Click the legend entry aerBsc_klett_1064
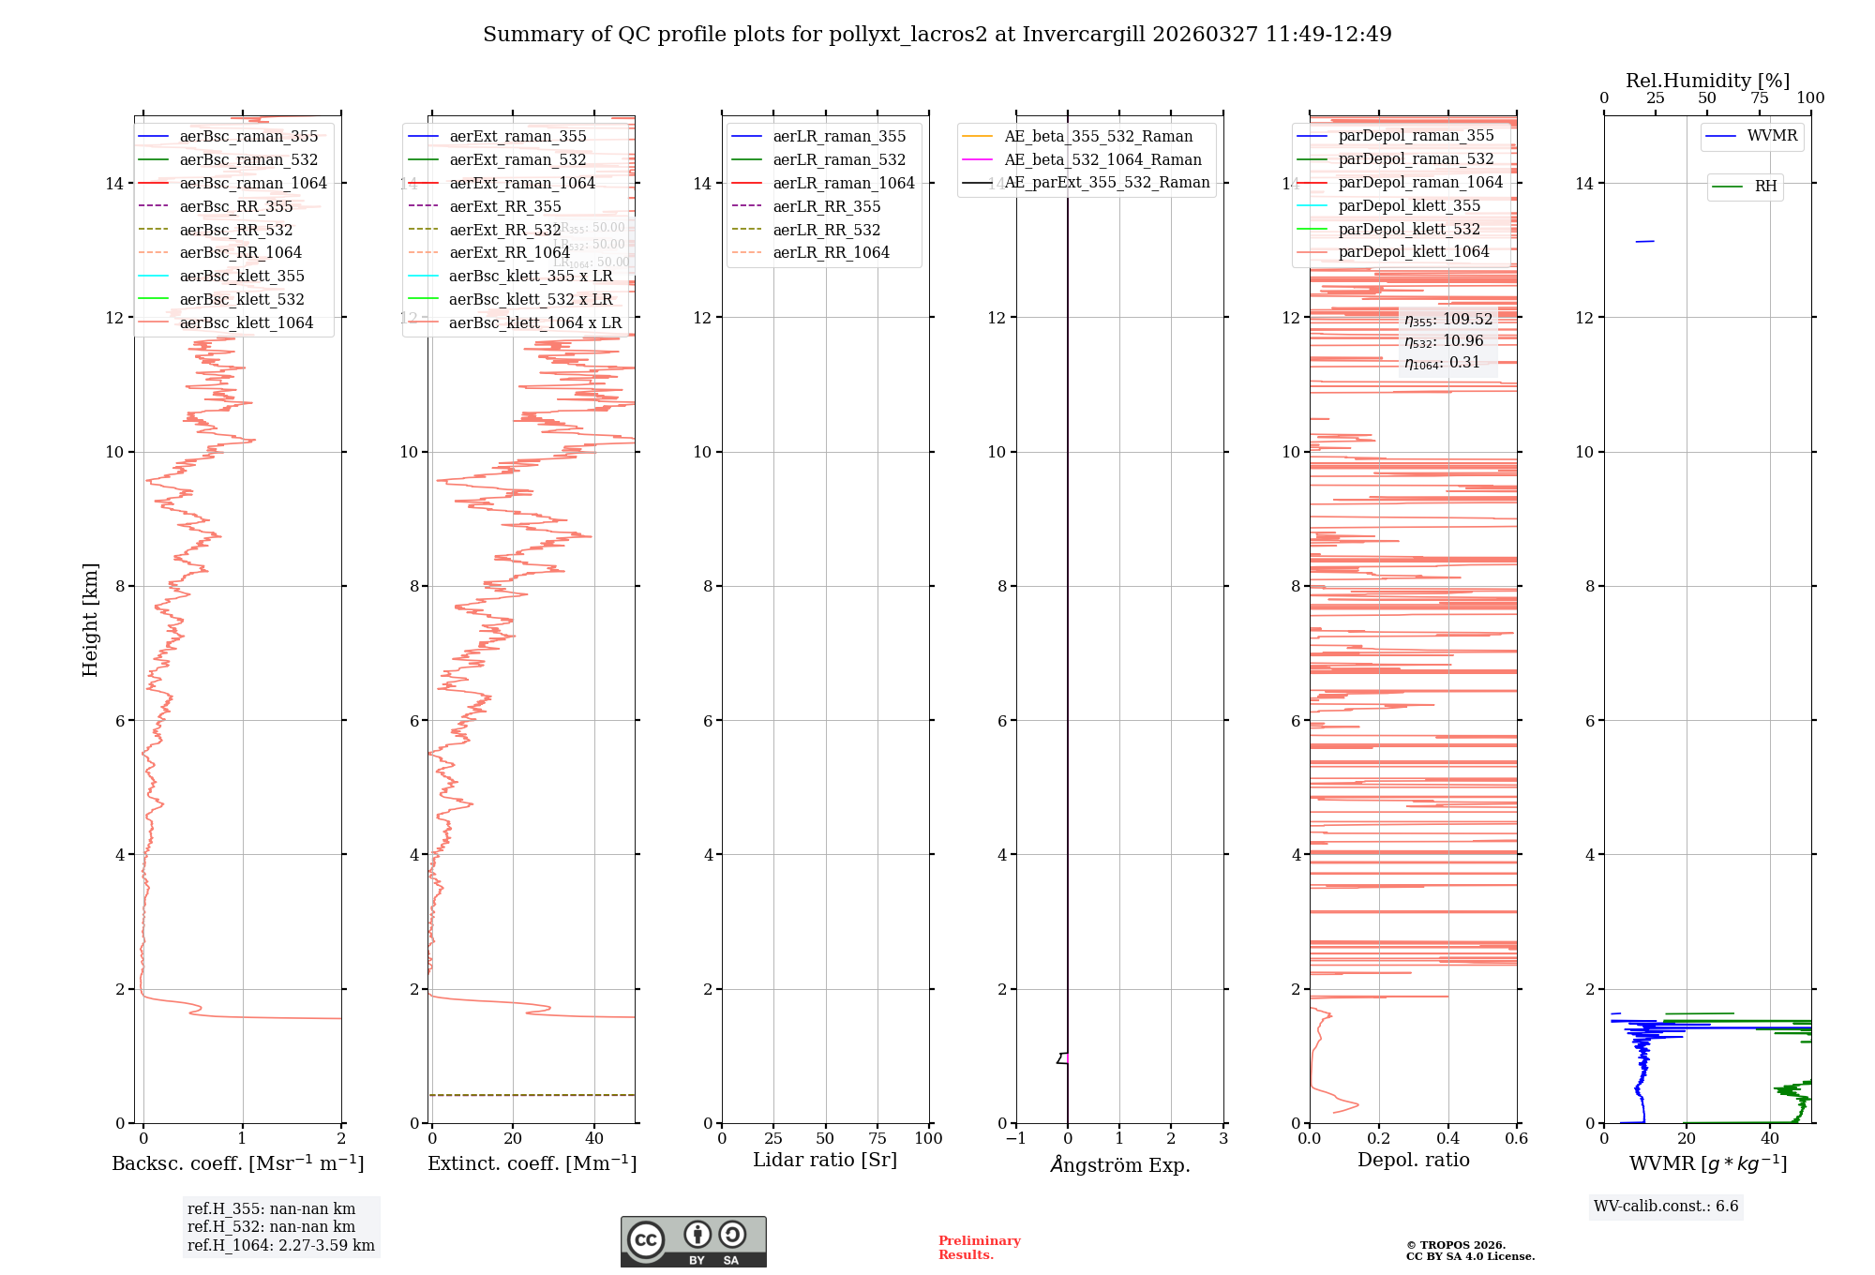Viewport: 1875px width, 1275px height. pos(246,322)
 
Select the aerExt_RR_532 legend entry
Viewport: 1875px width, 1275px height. pos(504,230)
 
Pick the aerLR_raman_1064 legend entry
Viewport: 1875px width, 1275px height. pos(843,183)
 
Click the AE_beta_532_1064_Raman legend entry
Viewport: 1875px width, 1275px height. pos(1102,159)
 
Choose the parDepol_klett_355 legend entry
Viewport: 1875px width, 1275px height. pos(1409,205)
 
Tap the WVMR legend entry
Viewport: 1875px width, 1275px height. pos(1772,136)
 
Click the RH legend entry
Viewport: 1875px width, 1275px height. pos(1765,187)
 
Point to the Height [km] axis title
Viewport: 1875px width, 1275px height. pos(90,619)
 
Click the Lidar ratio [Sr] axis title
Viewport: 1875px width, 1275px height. pos(825,1160)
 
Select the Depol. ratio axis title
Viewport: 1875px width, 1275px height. pos(1413,1160)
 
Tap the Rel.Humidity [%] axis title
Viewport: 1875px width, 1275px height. pos(1707,81)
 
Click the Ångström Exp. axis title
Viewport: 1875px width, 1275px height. pos(1119,1164)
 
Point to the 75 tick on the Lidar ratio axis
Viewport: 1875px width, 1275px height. pos(877,1138)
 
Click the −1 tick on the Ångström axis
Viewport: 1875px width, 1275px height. pos(1015,1138)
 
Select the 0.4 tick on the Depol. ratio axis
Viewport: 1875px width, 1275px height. pos(1447,1138)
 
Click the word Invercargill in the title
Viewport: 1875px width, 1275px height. pos(1084,35)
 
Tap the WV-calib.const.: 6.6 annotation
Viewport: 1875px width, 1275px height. pos(1666,1206)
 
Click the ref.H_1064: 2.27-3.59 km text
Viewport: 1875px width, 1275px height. pos(280,1245)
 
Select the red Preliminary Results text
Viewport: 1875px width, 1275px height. pos(979,1247)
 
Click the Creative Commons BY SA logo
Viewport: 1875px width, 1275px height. pos(693,1241)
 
